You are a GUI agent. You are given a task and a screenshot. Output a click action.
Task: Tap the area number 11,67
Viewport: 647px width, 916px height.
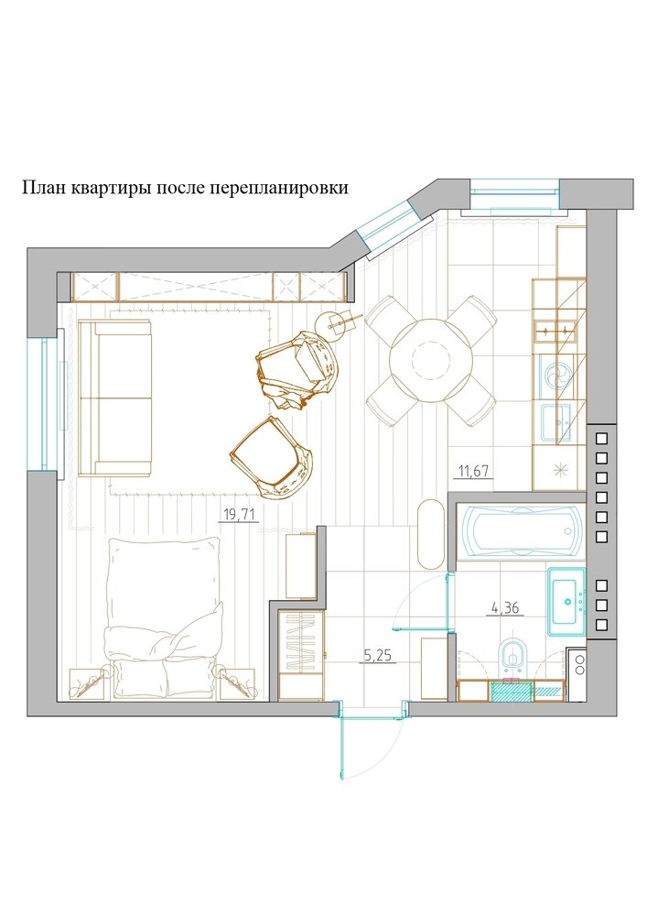(x=474, y=472)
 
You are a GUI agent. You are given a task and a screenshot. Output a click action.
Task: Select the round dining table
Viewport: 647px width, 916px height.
(x=430, y=359)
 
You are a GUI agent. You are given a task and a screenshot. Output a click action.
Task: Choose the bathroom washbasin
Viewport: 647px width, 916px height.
(x=566, y=601)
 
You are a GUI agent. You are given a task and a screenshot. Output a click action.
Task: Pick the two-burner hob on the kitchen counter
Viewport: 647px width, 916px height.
(x=557, y=328)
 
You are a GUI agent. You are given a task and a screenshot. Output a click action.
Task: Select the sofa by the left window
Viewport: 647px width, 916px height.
(x=115, y=398)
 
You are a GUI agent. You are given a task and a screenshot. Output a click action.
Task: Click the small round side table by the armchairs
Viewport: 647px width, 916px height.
(x=335, y=323)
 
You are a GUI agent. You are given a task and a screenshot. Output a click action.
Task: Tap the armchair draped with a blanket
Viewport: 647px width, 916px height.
(x=297, y=371)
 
